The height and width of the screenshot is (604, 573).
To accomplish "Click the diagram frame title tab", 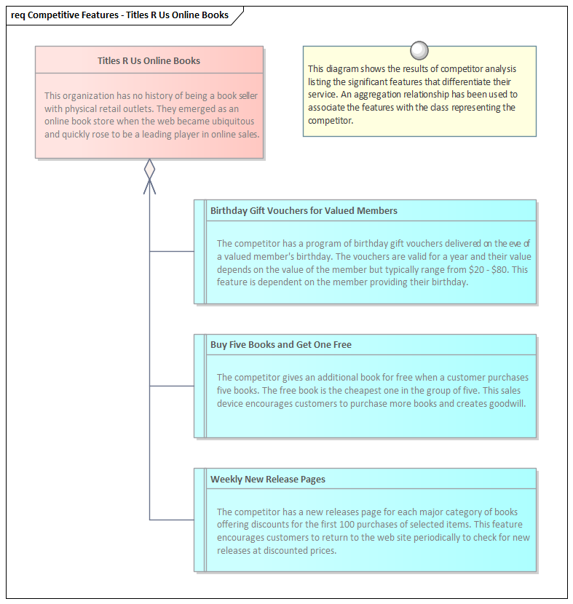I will click(x=120, y=15).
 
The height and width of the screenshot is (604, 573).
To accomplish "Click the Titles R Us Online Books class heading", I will click(x=149, y=61).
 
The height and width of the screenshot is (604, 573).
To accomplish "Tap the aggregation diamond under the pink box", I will click(x=149, y=170).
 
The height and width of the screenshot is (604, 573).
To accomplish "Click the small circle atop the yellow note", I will click(x=419, y=50).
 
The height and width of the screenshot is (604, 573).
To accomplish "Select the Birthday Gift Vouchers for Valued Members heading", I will click(x=304, y=211).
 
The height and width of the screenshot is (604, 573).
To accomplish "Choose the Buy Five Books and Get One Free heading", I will click(x=280, y=345).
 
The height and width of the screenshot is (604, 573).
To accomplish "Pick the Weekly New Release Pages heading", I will click(x=267, y=480).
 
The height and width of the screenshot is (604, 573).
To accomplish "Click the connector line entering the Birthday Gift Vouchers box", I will click(x=172, y=251).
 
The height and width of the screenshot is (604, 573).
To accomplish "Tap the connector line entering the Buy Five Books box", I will click(x=172, y=386).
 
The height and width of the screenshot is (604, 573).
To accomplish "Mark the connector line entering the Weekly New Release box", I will click(x=172, y=520).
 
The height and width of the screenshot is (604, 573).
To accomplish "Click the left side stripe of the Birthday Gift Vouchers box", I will click(x=200, y=252).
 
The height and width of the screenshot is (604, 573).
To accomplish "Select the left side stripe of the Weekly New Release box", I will click(x=200, y=520).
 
